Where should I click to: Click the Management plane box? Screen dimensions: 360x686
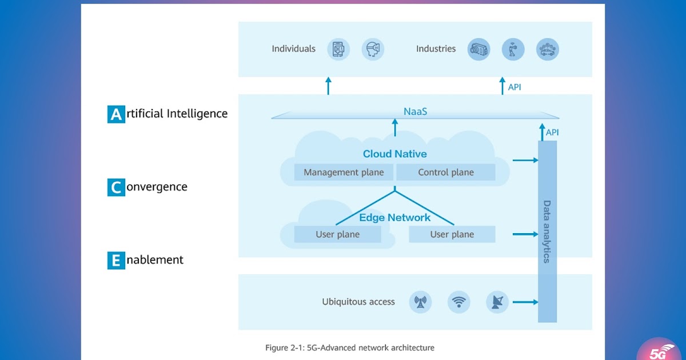point(344,172)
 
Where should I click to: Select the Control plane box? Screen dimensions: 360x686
point(446,172)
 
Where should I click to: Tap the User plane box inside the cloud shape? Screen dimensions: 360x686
point(337,234)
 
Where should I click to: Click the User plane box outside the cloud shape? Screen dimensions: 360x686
point(452,234)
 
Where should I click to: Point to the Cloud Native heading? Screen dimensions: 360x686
point(394,154)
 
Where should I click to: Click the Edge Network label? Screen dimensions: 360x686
point(394,217)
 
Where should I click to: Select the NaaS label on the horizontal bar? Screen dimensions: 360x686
point(415,111)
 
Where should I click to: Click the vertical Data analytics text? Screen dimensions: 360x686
point(547,231)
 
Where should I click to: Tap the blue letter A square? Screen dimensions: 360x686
point(116,114)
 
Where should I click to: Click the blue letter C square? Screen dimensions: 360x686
point(116,187)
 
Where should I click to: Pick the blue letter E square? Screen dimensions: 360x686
point(116,261)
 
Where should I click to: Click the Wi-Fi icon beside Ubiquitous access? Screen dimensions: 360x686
point(458,302)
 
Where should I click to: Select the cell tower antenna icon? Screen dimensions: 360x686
point(420,302)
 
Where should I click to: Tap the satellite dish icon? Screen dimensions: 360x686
point(497,302)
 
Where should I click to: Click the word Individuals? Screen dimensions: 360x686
point(293,49)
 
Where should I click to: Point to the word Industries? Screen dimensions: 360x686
point(436,49)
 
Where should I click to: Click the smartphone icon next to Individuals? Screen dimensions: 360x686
point(338,49)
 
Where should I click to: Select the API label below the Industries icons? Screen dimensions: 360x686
point(514,87)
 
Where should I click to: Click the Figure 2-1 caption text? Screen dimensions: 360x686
point(349,347)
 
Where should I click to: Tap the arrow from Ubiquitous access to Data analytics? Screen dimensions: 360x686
point(525,302)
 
